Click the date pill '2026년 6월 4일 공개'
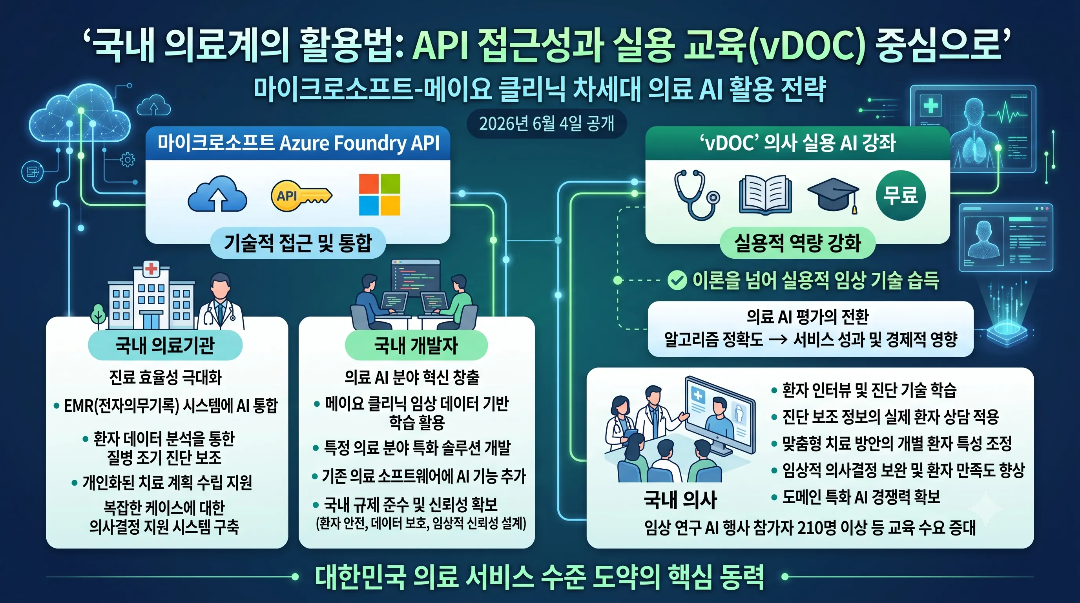point(547,124)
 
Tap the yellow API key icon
point(301,196)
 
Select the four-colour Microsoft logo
point(379,195)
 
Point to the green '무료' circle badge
point(901,196)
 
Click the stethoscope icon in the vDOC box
point(696,195)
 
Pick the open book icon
point(765,195)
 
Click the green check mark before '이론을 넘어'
point(677,281)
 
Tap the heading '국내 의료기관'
point(165,345)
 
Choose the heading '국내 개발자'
point(416,345)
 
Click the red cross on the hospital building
point(151,269)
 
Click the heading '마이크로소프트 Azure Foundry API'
point(298,143)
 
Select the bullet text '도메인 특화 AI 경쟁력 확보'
point(861,497)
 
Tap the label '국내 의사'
point(680,500)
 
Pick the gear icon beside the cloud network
point(128,160)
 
